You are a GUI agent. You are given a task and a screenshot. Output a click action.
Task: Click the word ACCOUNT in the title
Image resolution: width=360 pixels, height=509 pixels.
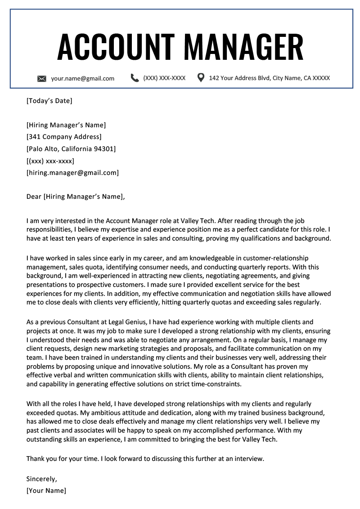(116, 47)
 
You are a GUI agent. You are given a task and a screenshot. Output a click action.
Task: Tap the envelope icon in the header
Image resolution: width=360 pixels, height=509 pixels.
(42, 79)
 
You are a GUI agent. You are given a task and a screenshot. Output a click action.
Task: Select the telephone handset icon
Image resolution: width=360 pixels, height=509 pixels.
(135, 78)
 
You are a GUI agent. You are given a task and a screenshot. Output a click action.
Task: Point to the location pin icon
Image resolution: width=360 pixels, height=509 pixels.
(201, 78)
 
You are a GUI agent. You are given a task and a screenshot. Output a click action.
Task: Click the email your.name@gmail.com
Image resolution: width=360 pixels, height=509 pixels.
(83, 78)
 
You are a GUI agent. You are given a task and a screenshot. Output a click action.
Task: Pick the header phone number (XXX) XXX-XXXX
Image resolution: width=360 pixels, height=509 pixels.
(164, 78)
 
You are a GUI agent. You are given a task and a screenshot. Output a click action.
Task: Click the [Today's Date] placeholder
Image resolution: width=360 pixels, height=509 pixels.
(49, 101)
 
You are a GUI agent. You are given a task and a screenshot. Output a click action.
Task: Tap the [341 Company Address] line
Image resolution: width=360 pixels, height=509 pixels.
(64, 137)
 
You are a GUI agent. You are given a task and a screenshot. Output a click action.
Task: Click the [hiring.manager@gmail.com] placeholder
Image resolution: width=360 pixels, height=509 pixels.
(72, 173)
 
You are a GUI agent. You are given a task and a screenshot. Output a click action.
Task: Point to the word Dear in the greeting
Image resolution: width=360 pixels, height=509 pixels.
(34, 196)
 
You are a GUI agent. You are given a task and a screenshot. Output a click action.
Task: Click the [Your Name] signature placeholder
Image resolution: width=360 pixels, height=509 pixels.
(46, 491)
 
